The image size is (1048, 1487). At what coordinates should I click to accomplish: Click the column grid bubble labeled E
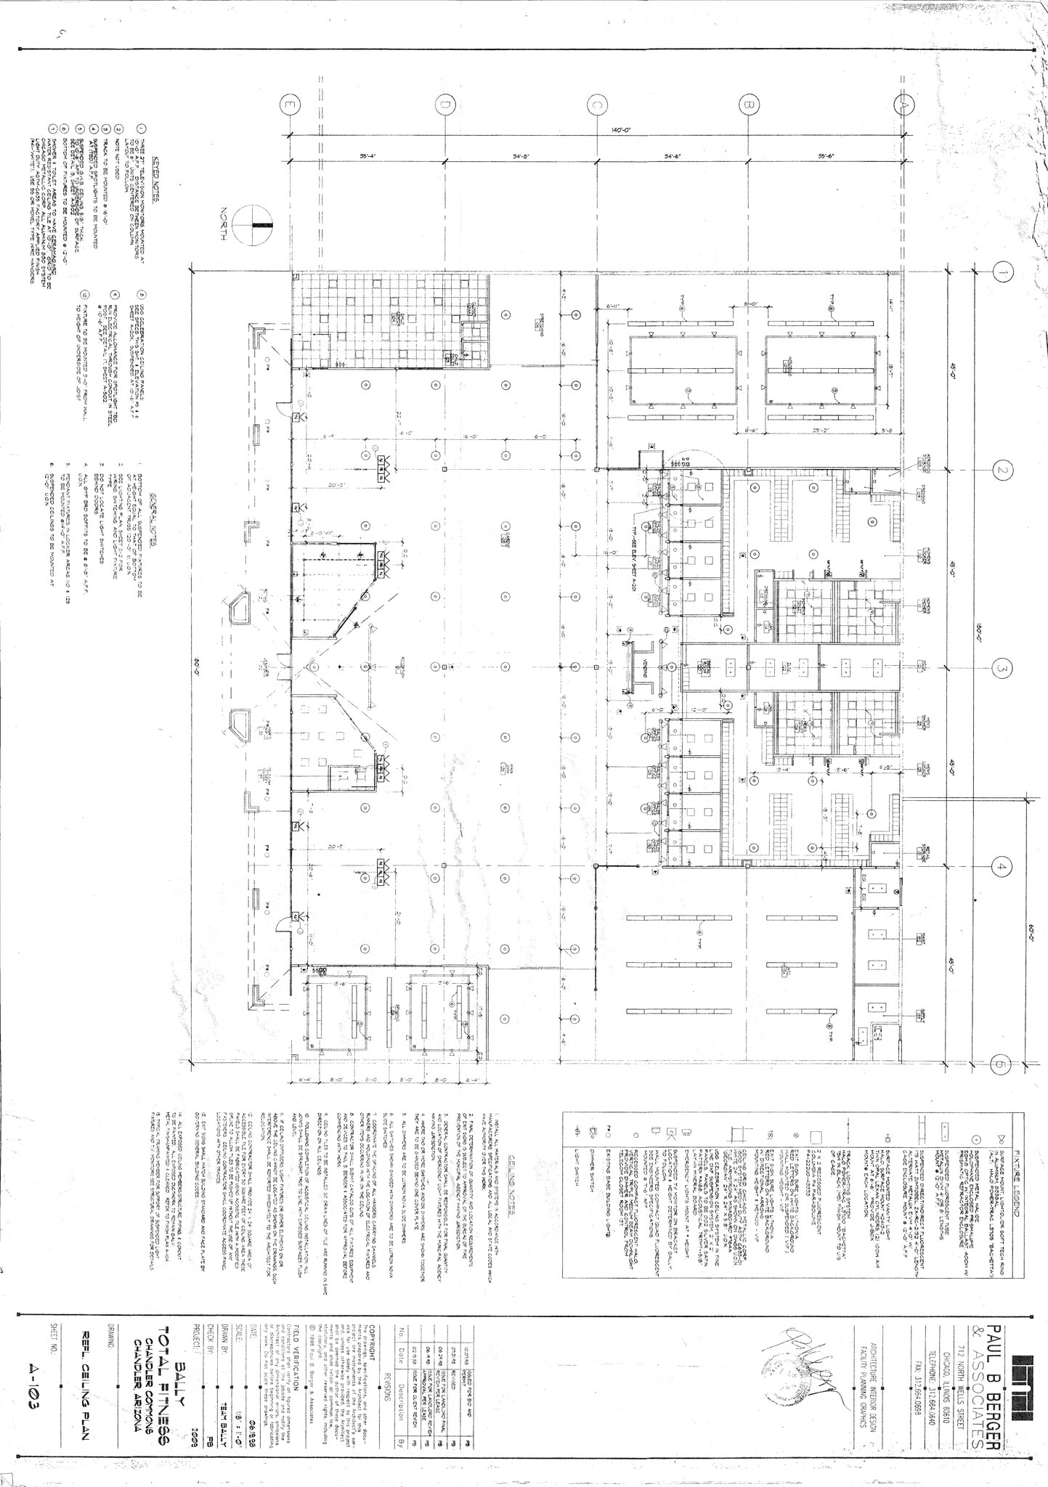pyautogui.click(x=291, y=106)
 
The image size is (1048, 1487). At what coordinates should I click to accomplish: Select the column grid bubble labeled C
pyautogui.click(x=596, y=106)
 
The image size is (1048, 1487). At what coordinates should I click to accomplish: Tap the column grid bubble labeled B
pyautogui.click(x=748, y=106)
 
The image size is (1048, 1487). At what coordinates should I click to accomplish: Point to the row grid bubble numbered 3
pyautogui.click(x=1002, y=668)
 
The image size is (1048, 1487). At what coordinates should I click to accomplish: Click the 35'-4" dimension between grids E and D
pyautogui.click(x=367, y=156)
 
